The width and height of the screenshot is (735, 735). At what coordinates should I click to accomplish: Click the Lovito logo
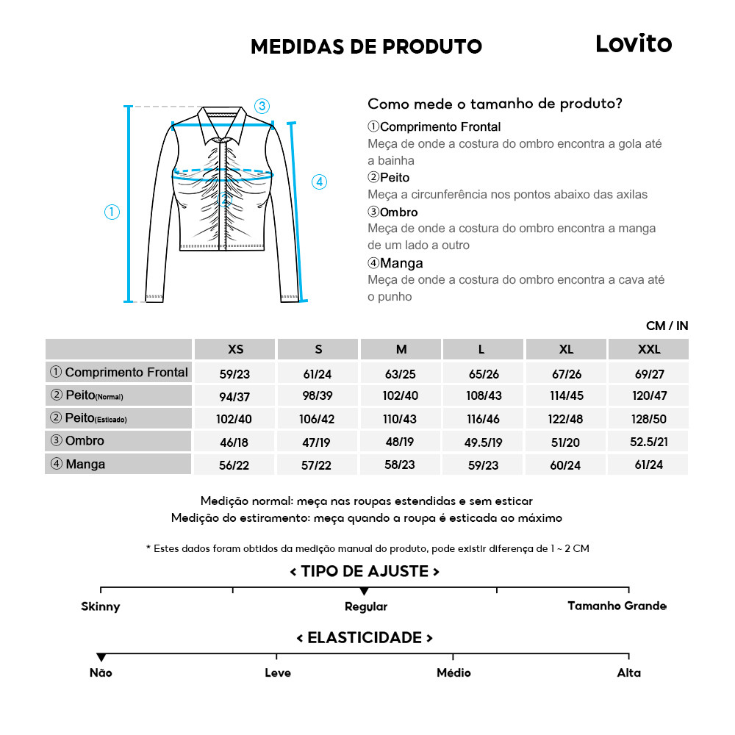click(633, 44)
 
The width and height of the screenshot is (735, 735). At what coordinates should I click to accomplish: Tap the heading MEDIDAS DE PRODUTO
click(366, 47)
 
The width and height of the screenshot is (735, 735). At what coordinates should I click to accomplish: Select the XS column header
click(235, 349)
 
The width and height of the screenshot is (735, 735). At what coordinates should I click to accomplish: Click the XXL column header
click(648, 349)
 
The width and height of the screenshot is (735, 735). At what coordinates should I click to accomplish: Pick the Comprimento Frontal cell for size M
click(401, 373)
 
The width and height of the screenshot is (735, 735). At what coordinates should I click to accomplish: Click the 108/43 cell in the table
click(484, 395)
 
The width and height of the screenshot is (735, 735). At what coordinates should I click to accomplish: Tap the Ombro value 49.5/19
click(484, 442)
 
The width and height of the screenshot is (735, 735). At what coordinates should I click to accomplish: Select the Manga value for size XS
click(235, 465)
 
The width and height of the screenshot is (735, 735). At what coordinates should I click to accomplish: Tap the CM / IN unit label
click(667, 326)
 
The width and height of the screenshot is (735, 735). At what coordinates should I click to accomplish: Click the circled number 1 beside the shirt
click(112, 212)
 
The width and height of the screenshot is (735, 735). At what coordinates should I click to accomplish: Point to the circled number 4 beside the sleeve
click(319, 182)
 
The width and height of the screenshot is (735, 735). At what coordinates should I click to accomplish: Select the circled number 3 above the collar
click(262, 105)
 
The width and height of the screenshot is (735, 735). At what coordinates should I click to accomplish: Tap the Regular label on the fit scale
click(365, 607)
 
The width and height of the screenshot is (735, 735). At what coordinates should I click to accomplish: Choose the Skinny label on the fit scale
click(101, 607)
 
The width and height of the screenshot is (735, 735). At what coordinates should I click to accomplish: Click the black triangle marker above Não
click(101, 656)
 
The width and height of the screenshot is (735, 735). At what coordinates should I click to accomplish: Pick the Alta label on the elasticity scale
click(629, 673)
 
